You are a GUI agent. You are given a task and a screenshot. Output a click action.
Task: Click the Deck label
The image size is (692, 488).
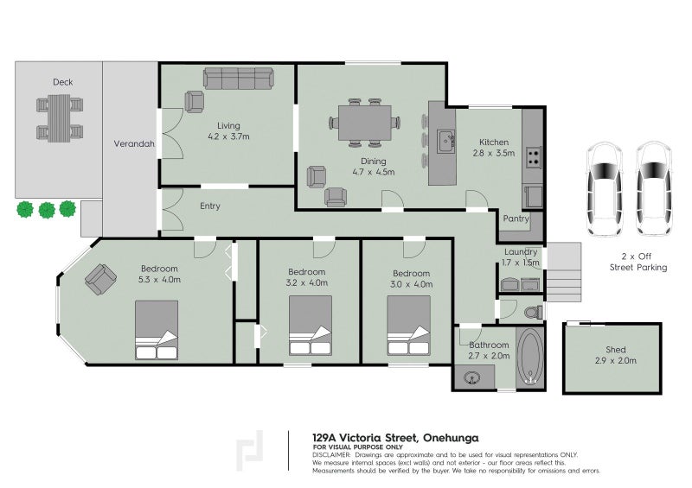coord(62,82)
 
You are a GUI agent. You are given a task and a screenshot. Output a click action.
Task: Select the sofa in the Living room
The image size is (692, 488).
coord(238,79)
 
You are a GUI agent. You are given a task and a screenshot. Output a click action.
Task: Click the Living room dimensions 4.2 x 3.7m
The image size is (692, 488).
coord(228,136)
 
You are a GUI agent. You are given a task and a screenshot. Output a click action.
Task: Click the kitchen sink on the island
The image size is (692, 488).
coord(446,141)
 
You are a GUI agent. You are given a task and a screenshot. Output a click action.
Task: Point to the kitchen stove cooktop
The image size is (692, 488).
coord(534,158)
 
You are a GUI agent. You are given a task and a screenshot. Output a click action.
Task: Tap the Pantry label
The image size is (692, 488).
coord(516,219)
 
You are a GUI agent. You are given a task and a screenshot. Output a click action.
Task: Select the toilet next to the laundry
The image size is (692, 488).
coord(532,310)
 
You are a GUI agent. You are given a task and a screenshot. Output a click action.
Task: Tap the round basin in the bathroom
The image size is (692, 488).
coord(473,377)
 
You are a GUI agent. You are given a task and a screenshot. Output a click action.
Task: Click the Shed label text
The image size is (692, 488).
coord(615,350)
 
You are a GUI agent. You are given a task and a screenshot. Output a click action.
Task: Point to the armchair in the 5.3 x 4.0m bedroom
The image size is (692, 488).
coord(100,279)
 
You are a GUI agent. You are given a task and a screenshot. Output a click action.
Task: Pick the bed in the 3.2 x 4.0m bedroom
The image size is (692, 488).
coord(310,327)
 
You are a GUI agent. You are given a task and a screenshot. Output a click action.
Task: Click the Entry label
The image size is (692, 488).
coord(210,206)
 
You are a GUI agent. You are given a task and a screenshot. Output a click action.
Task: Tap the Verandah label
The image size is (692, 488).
coord(134,144)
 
